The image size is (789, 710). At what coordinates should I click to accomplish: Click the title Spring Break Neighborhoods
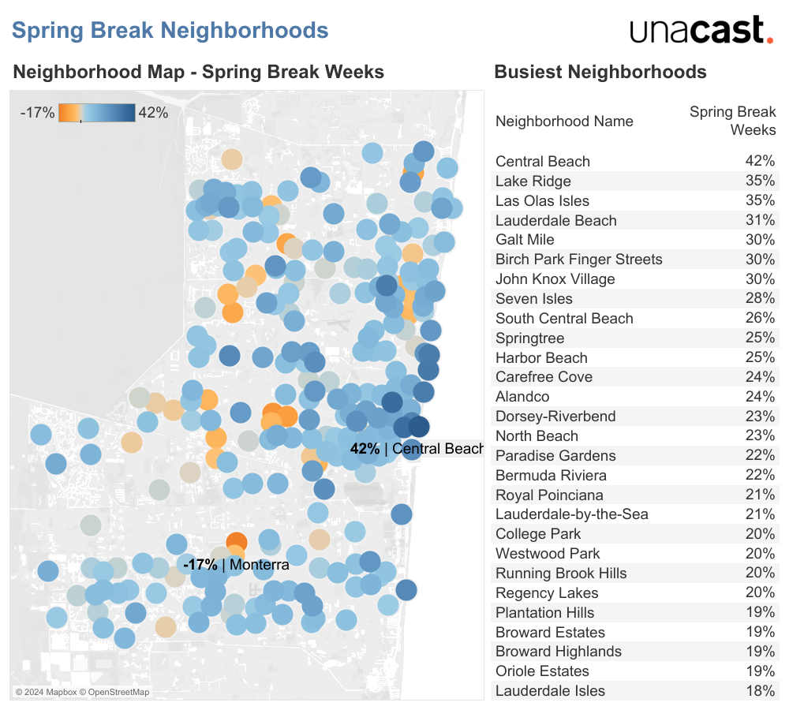pos(170,31)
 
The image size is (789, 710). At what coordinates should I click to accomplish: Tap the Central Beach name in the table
pos(543,162)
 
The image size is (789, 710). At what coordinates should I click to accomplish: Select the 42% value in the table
pos(760,162)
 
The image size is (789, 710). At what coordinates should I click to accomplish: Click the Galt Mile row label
pos(525,240)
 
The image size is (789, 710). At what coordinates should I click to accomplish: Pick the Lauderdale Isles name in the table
pos(550,691)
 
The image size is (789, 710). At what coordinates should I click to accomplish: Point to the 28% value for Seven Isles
pos(760,299)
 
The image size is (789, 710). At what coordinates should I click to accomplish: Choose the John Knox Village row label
pos(555,279)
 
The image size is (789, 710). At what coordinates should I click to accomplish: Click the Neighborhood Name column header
pos(564,121)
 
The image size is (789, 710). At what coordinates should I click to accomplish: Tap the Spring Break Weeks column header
pos(732,121)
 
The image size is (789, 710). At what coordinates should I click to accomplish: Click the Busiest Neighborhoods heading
pos(600,73)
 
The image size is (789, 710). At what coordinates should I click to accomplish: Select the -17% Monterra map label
pos(236,565)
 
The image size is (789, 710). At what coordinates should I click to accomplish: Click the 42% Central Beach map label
pos(416,449)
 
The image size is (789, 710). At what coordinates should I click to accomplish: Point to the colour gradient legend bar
pos(97,113)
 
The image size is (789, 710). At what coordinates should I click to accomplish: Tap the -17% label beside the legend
pos(37,113)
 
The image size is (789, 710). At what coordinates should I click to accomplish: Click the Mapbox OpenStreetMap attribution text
pos(82,693)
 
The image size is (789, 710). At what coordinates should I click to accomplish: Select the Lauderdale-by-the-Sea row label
pos(571,514)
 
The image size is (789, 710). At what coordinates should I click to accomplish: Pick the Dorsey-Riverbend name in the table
pos(555,417)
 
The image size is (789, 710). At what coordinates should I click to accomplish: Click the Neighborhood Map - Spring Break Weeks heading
pos(198,73)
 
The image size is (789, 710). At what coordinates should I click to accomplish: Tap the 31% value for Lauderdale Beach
pos(760,221)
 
